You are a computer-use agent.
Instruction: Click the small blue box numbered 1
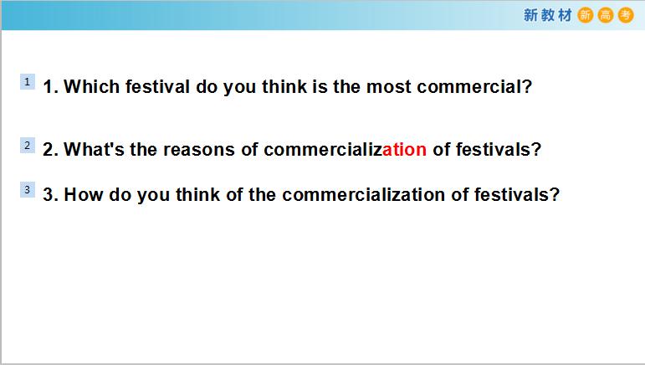pyautogui.click(x=28, y=82)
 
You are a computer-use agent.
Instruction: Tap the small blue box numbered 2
pyautogui.click(x=28, y=146)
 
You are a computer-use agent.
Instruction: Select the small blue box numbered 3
pyautogui.click(x=28, y=190)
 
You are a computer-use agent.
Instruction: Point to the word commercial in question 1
pyautogui.click(x=469, y=86)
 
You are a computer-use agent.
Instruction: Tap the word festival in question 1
pyautogui.click(x=157, y=86)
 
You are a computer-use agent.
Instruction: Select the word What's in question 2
pyautogui.click(x=94, y=149)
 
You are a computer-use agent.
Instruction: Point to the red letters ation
pyautogui.click(x=404, y=149)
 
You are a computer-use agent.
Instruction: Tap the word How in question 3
pyautogui.click(x=83, y=194)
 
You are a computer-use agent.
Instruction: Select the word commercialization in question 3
pyautogui.click(x=363, y=194)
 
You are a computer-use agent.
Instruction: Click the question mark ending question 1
pyautogui.click(x=527, y=86)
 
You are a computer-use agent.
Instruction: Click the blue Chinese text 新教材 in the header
pyautogui.click(x=547, y=15)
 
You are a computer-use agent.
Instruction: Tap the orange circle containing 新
pyautogui.click(x=586, y=15)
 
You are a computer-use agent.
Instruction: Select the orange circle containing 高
pyautogui.click(x=606, y=15)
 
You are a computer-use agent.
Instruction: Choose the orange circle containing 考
pyautogui.click(x=626, y=15)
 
